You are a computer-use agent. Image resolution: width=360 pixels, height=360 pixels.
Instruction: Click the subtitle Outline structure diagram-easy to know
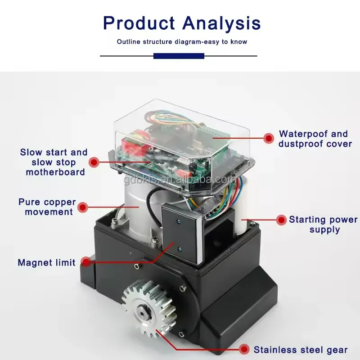182,42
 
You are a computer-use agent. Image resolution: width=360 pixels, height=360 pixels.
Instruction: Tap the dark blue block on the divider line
179,56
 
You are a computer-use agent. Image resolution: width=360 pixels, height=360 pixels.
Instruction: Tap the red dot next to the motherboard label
94,162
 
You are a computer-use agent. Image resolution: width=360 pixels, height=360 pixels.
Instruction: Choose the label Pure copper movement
48,207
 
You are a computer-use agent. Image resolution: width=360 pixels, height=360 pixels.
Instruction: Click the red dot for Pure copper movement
82,207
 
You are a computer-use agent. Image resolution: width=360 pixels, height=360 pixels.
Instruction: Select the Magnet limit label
47,262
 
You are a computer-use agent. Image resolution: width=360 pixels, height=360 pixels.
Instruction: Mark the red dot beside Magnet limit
84,262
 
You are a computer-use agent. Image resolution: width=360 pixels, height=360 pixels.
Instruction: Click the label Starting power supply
323,225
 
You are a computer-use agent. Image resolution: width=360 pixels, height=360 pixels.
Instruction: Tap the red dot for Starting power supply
281,220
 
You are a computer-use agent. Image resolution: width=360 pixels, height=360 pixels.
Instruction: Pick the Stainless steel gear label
301,350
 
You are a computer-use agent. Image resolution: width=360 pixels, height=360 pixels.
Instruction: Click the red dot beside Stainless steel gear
244,349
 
